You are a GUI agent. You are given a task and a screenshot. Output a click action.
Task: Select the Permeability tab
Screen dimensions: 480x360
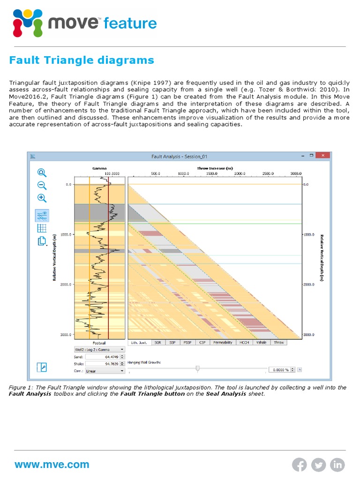(x=223, y=343)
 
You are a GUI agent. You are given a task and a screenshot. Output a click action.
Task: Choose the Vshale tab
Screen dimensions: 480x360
(x=261, y=343)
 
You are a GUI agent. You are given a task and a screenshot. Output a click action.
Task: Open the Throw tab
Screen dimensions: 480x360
(x=279, y=343)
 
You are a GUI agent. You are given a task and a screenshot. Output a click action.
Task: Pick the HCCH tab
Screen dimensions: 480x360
(x=243, y=343)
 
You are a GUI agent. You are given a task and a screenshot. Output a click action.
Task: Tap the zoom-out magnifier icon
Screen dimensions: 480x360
(x=42, y=185)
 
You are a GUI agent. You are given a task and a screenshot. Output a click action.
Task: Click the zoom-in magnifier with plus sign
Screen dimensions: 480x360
(x=42, y=198)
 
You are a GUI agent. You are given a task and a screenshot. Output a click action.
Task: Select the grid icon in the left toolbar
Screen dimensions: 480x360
(x=42, y=228)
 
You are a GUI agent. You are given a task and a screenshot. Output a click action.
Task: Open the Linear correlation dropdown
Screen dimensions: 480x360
(x=105, y=370)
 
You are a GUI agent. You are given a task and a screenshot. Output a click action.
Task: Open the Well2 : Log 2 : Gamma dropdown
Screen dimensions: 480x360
(x=99, y=349)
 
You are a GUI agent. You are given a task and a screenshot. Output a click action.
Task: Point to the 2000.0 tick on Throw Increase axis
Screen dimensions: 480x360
(x=240, y=173)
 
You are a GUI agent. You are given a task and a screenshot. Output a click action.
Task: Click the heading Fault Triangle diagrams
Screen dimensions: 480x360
(x=82, y=60)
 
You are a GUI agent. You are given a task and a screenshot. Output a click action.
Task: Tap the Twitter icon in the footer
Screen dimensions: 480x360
(x=319, y=465)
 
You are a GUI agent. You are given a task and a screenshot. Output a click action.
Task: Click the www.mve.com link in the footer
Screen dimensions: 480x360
(x=52, y=465)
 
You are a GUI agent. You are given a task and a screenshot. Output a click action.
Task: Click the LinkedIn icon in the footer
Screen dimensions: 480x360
(x=337, y=465)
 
